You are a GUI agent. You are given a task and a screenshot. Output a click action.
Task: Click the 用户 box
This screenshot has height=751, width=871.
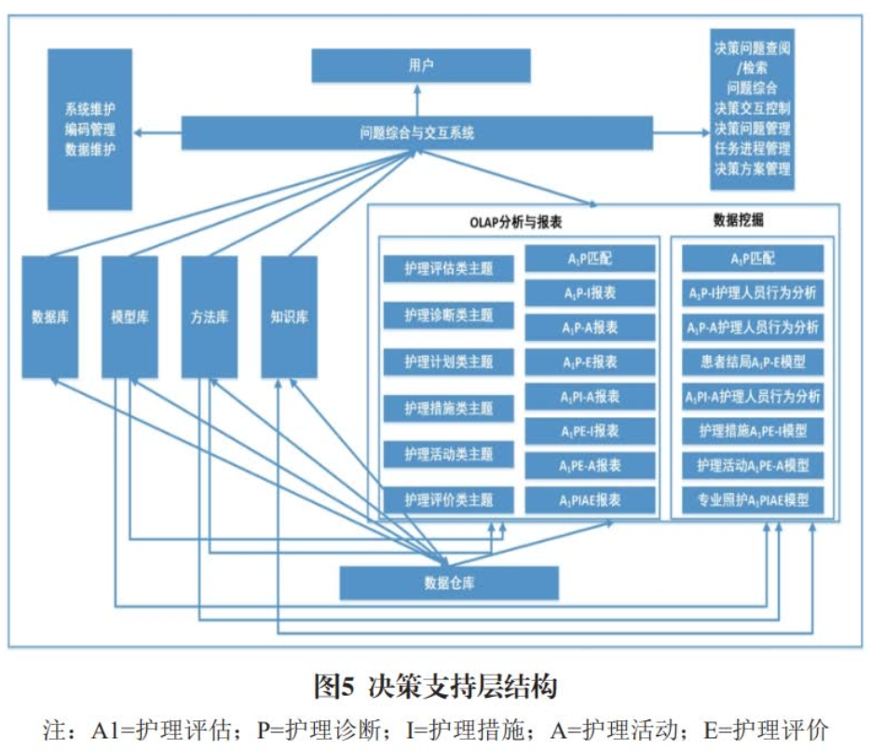[x=420, y=65]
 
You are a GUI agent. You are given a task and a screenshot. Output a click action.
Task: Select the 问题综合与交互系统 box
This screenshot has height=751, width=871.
[x=417, y=133]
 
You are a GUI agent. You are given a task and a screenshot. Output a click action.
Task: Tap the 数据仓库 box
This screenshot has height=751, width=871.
[x=448, y=583]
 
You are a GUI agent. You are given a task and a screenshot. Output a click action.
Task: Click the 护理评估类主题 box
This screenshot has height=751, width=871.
[x=449, y=269]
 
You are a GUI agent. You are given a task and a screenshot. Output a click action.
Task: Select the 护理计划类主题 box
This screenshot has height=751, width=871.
[x=449, y=362]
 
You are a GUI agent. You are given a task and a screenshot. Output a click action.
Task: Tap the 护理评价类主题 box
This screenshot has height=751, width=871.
[x=449, y=500]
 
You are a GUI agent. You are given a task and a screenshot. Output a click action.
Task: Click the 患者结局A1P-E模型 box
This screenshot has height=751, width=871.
[x=753, y=362]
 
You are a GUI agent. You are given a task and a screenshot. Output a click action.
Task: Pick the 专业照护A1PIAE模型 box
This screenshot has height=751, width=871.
[x=753, y=499]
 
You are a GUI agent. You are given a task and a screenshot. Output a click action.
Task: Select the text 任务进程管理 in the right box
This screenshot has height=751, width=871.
[x=752, y=149]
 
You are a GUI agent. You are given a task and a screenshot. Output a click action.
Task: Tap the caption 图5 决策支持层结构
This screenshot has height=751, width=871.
[x=435, y=688]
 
